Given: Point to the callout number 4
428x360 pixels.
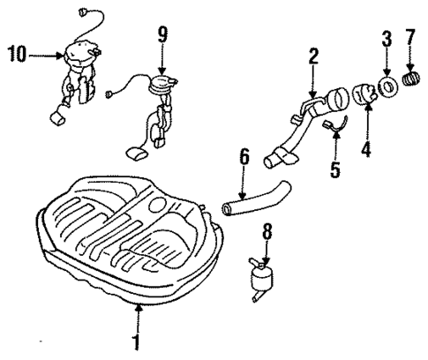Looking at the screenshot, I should [x=365, y=149].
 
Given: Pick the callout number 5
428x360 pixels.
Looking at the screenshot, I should [x=334, y=169].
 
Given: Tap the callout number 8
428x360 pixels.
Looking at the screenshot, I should [x=267, y=233].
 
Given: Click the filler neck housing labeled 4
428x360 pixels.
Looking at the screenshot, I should [x=364, y=94].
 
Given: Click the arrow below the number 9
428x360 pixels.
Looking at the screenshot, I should [x=161, y=62].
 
